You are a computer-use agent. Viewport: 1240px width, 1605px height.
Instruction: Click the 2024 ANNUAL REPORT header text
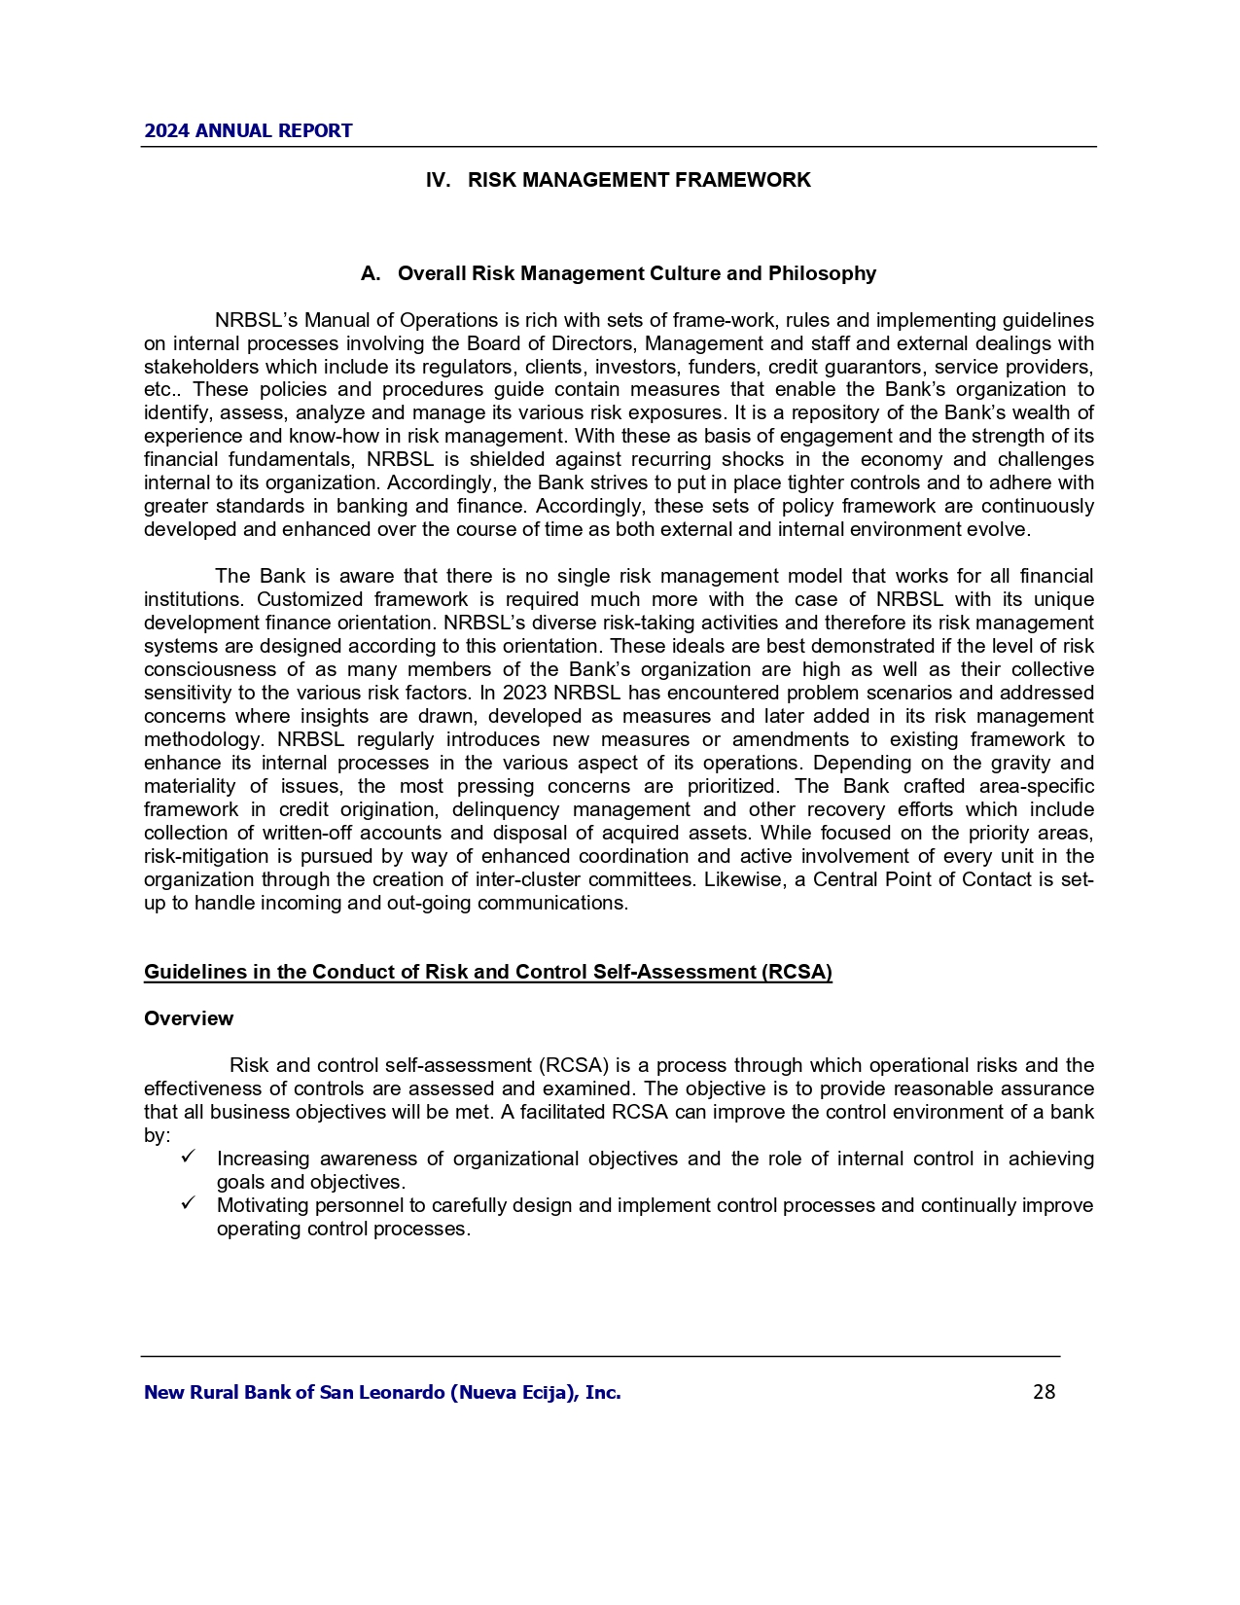pos(248,130)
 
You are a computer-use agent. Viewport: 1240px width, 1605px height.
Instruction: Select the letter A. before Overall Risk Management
pos(370,273)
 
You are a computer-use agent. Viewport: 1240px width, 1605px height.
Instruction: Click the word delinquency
pos(506,810)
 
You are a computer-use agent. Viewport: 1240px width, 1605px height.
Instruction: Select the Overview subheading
pos(189,1018)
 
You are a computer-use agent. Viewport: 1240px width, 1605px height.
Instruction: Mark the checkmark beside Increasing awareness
pos(189,1157)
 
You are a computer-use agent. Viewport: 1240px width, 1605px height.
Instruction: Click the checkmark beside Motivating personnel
pos(189,1203)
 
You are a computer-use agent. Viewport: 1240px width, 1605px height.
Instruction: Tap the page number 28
pos(1044,1392)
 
